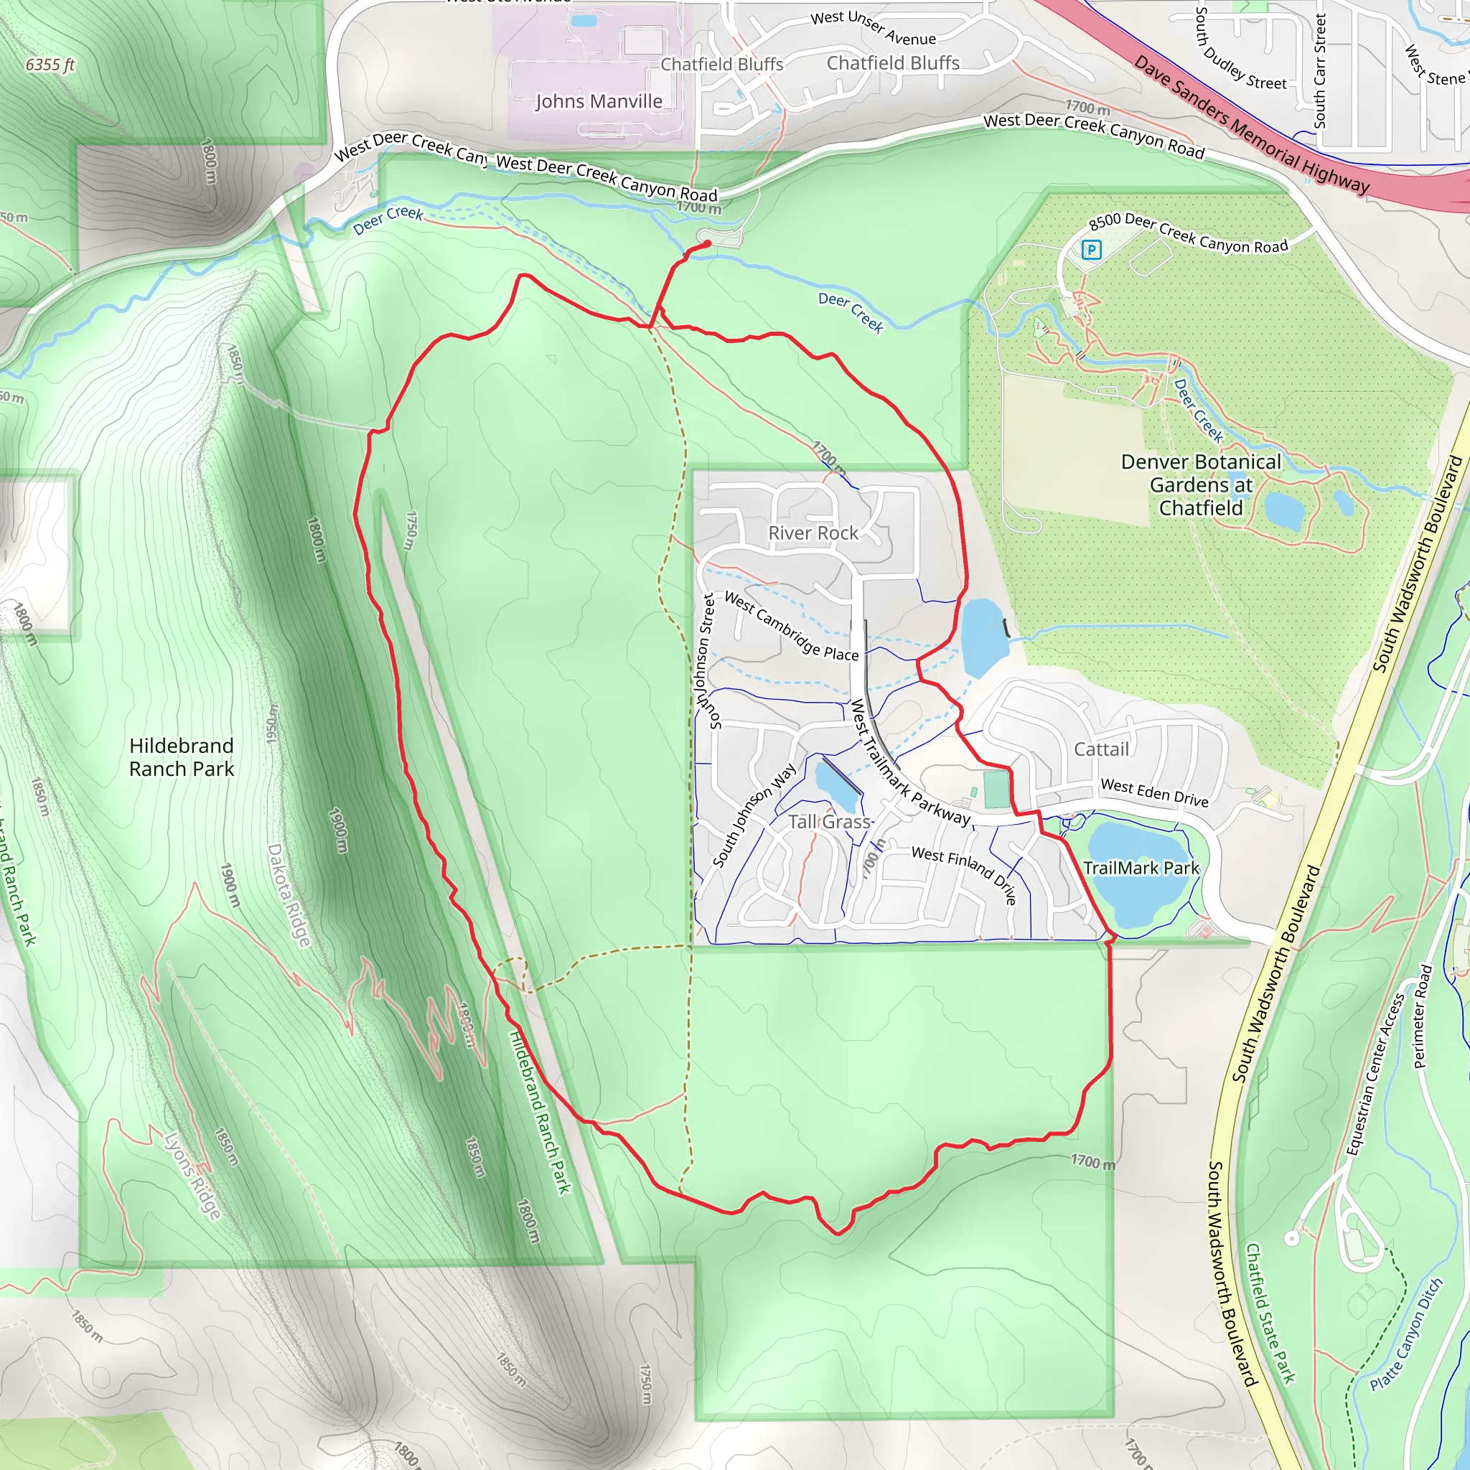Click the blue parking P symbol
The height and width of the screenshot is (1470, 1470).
pos(1091,249)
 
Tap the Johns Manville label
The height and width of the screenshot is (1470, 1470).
pos(599,101)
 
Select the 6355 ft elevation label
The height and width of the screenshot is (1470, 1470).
pos(50,65)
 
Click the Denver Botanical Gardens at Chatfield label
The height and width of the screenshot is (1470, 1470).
pos(1201,484)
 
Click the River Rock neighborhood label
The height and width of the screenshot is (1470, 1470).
pos(813,533)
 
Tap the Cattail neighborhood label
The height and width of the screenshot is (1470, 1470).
pos(1101,749)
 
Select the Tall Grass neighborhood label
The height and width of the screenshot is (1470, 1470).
pos(828,822)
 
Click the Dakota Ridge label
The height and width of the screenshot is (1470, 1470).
pos(289,895)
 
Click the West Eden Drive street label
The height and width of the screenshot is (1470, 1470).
pos(1154,793)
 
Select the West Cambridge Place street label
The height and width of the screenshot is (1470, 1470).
pos(791,627)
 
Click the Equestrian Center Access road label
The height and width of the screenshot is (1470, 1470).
pos(1375,1074)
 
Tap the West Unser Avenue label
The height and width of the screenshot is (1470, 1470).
pos(873,27)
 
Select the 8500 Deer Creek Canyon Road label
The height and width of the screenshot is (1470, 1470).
pos(1188,233)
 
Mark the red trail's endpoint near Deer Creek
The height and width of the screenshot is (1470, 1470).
pos(708,243)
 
